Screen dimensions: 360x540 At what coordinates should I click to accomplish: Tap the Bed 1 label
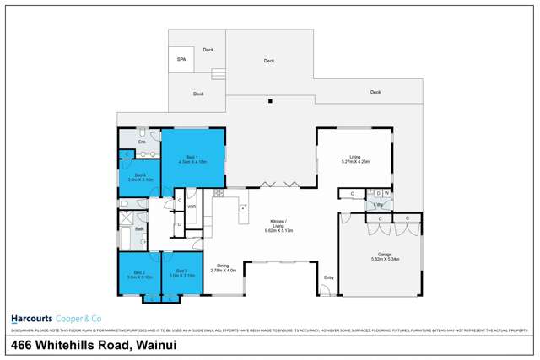pyautogui.click(x=193, y=157)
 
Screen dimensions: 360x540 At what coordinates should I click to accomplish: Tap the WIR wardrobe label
pyautogui.click(x=192, y=207)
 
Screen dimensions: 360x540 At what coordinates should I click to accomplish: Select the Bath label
pyautogui.click(x=139, y=228)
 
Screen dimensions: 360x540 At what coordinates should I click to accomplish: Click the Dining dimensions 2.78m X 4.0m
pyautogui.click(x=223, y=271)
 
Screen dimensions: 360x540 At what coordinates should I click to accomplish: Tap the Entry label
pyautogui.click(x=329, y=277)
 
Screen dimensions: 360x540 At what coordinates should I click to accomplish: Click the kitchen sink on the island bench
pyautogui.click(x=243, y=207)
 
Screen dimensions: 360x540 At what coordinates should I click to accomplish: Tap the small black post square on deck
pyautogui.click(x=270, y=102)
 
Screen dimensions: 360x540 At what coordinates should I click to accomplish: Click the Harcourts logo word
pyautogui.click(x=32, y=318)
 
